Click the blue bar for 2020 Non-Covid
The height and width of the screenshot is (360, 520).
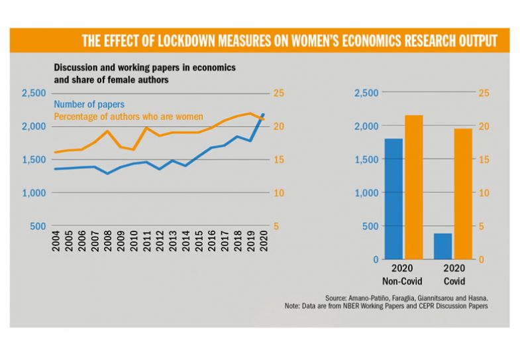(393, 199)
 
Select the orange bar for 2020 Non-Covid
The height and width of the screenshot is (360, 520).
(414, 187)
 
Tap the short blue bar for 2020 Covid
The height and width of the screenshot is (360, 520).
(443, 246)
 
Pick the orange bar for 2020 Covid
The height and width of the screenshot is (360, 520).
(464, 194)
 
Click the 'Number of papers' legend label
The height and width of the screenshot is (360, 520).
(89, 105)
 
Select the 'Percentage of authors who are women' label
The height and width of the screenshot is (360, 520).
(128, 117)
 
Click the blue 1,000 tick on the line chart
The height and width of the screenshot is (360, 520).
(34, 193)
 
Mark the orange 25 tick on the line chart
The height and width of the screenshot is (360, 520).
(280, 93)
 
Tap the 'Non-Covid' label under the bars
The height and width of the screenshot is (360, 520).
(403, 281)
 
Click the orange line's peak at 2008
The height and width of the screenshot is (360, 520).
(108, 131)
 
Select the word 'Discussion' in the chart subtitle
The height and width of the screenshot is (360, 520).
(77, 69)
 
